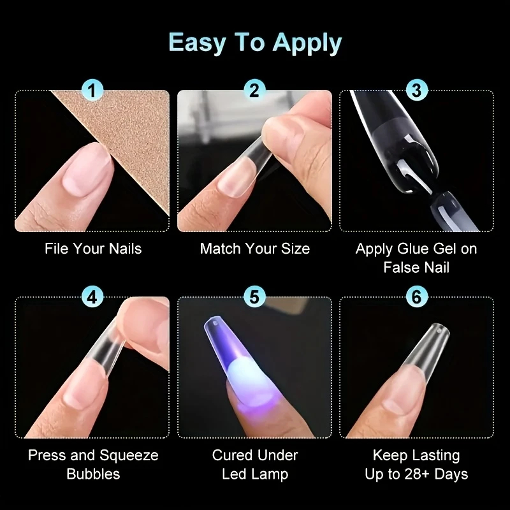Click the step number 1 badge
coord(92,90)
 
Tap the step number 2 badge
coord(254,90)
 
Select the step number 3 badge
coord(417,90)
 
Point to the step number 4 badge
coord(92,296)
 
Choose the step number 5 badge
coord(254,296)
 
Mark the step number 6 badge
coord(417,296)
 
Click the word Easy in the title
coord(197,43)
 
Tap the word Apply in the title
coord(307,43)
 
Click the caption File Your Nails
coord(93,249)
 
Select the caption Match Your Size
coord(254,249)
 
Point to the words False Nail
coord(416,267)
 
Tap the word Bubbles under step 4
coord(93,474)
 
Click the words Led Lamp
coord(255,474)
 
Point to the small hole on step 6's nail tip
coord(439,331)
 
